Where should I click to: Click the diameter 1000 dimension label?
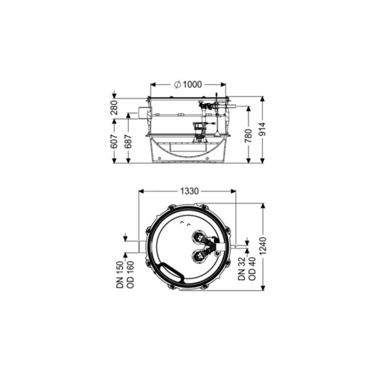pos(188,84)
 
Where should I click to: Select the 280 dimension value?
pos(114,108)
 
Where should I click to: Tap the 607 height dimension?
pos(114,141)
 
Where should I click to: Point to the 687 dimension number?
pos(128,141)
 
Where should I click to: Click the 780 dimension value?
pos(248,136)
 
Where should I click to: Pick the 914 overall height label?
pos(263,129)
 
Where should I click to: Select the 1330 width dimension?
pos(189,191)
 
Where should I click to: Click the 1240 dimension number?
pos(263,246)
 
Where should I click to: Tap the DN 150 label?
pos(120,275)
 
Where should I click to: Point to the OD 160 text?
pos(130,275)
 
